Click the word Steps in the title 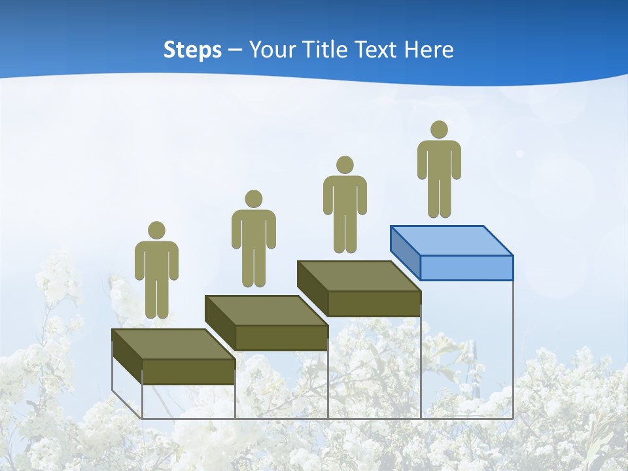pos(192,50)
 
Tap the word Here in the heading pos(428,50)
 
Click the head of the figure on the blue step pos(439,130)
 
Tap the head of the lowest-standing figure pos(156,230)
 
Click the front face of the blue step pos(466,268)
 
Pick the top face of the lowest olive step pos(173,344)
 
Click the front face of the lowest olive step pos(188,372)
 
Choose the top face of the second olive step pos(266,310)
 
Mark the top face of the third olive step pos(358,276)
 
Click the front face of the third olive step pos(374,304)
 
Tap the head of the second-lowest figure pos(253,199)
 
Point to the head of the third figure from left pos(345,165)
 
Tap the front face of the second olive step pos(281,338)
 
